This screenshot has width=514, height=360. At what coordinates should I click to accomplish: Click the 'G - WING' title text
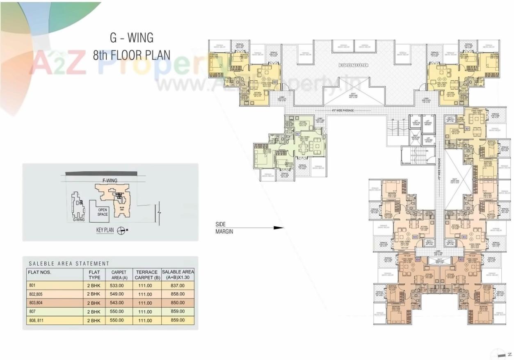point(131,38)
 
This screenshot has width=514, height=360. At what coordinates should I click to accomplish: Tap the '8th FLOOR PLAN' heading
point(131,55)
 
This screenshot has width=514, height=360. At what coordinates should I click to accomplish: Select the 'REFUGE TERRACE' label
point(354,65)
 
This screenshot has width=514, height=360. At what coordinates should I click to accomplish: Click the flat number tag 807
point(298,134)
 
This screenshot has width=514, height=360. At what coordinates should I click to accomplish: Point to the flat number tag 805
point(415,237)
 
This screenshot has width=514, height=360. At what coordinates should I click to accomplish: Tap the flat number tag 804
point(418,260)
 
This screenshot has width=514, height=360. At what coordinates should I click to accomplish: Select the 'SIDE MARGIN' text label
point(224,228)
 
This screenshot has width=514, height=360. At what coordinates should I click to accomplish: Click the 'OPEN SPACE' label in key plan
point(103,212)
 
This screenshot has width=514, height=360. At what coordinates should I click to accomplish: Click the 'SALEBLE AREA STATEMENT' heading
point(69,264)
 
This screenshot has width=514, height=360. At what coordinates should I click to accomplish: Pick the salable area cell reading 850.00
point(178,303)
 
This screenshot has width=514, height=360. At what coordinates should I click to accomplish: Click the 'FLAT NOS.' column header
point(39,272)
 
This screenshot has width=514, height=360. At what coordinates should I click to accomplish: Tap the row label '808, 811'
point(36,320)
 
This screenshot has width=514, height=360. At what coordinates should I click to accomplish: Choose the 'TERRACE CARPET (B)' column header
point(146,275)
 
